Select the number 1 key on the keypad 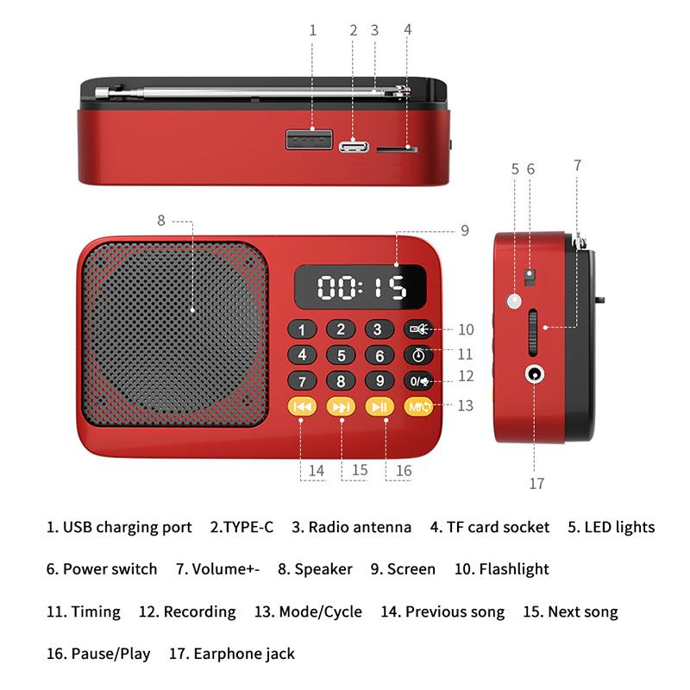tap(302, 329)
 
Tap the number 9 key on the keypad tap(379, 380)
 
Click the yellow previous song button tap(302, 406)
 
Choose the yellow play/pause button tap(379, 406)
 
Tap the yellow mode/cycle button tap(419, 406)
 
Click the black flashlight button tap(419, 329)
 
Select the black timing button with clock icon tap(419, 354)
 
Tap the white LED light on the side tap(515, 301)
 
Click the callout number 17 tap(536, 484)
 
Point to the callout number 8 tap(160, 220)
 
